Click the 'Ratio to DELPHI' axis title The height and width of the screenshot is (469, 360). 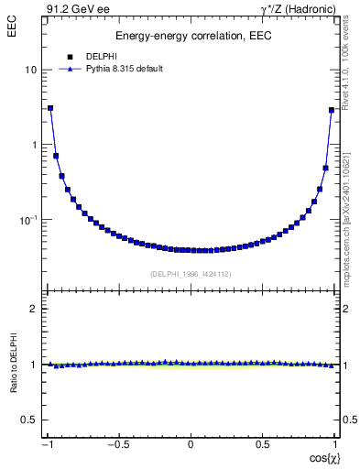tap(13, 365)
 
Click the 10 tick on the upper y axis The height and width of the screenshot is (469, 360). tap(31, 70)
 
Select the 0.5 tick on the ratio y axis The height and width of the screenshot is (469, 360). tap(30, 420)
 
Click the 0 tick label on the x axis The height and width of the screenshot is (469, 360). tap(191, 445)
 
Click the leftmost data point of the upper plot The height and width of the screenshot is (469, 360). tap(50, 108)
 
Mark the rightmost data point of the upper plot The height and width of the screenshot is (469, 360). tap(331, 110)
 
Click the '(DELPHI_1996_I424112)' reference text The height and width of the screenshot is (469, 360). tap(190, 274)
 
